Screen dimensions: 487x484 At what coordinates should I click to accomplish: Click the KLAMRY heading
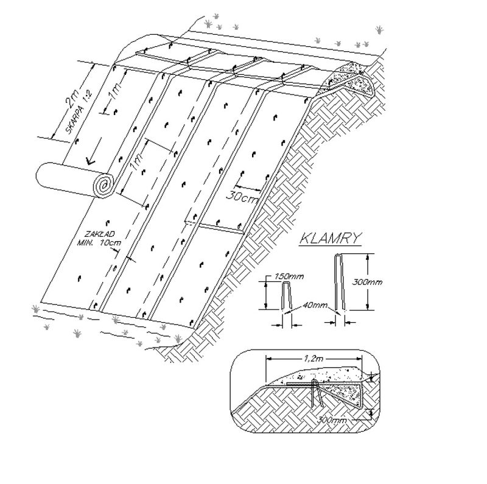tap(331, 238)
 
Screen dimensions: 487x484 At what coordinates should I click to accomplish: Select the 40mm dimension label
tap(314, 305)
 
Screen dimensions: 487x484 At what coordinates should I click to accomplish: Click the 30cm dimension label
tap(242, 196)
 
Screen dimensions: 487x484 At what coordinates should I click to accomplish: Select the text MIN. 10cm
tap(99, 242)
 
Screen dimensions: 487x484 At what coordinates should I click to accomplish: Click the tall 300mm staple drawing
tap(338, 282)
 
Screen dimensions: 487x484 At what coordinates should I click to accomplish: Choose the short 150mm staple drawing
tap(287, 295)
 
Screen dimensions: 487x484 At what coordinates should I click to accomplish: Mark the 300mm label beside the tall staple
tap(367, 282)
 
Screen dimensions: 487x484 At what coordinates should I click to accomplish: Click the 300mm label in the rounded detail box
tap(332, 420)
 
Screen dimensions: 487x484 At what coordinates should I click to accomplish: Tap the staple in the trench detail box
tap(317, 393)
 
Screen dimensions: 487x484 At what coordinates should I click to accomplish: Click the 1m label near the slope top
tap(115, 93)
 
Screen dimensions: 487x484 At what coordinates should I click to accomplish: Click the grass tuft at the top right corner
tap(379, 30)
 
